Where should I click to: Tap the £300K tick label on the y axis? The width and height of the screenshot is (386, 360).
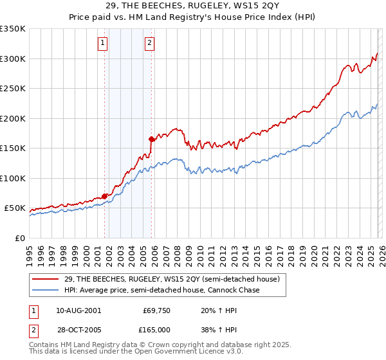pos(13,59)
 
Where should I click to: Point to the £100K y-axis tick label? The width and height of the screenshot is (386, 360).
pos(13,178)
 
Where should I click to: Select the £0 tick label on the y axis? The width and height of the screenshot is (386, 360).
pos(19,238)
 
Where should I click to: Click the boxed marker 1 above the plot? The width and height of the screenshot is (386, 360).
pos(103,43)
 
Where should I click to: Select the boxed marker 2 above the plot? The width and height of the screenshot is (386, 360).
pos(149,43)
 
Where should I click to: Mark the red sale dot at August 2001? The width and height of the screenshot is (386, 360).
pos(104,196)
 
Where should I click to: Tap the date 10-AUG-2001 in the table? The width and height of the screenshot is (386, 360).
pos(78,310)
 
